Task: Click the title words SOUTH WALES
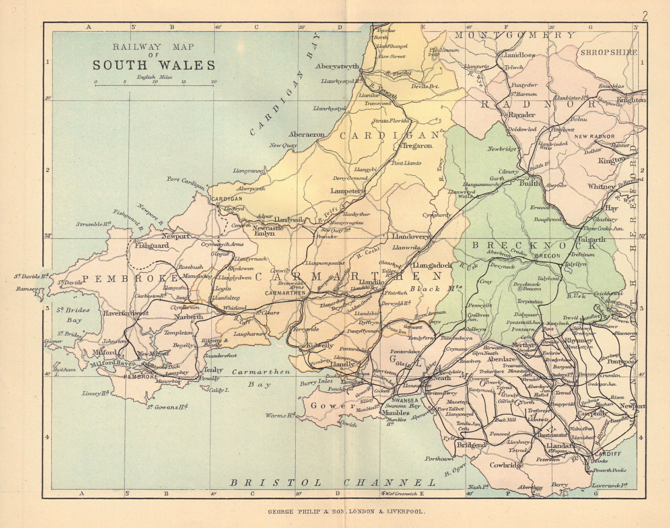coord(154,66)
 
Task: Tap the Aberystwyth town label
coord(337,66)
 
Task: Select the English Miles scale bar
coord(155,85)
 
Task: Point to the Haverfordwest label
coord(126,313)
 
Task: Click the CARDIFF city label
coord(608,454)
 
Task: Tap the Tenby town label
coord(213,370)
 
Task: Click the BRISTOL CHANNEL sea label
coord(333,482)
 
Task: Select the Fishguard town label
coord(152,246)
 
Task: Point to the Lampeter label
coord(346,191)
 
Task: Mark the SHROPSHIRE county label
coord(608,52)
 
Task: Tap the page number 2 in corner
coord(644,16)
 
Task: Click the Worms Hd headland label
coord(280,415)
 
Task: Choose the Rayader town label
coord(521,115)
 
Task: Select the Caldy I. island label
coord(219,390)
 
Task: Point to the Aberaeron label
coord(307,134)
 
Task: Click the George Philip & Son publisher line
coord(346,511)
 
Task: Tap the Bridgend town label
coord(471,445)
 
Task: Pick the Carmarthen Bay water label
coord(261,378)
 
